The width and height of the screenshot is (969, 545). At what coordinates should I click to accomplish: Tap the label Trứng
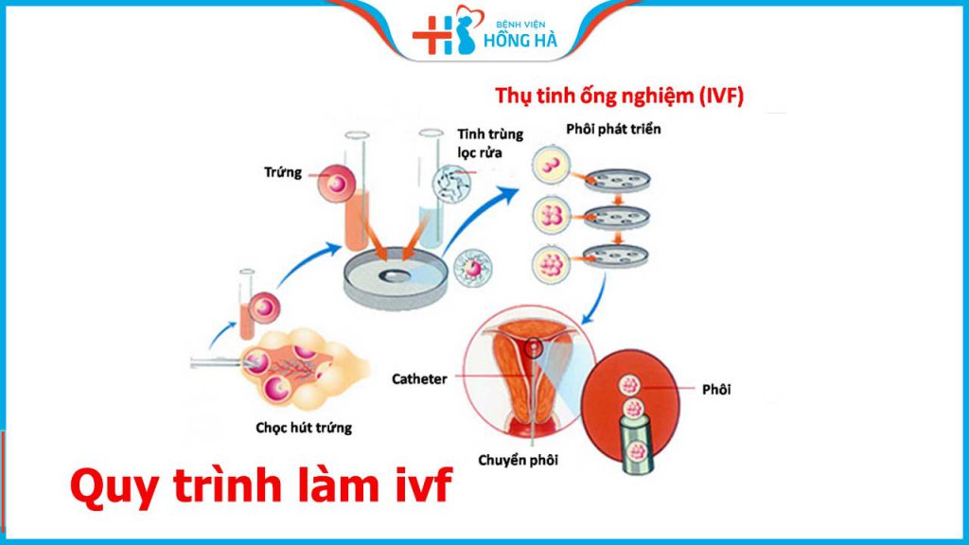point(282,173)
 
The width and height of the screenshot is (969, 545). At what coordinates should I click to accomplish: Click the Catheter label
point(419,378)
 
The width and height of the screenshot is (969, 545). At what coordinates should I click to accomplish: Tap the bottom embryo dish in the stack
point(616,255)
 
